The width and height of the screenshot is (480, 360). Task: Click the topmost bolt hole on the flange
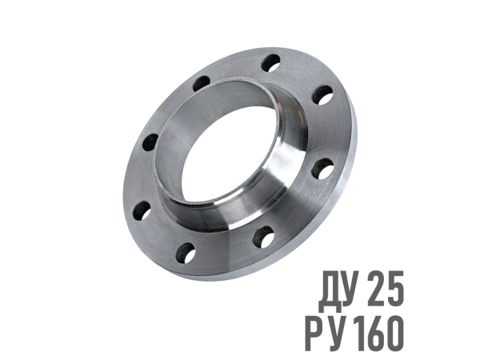click(271, 63)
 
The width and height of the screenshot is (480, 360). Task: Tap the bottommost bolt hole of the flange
click(186, 253)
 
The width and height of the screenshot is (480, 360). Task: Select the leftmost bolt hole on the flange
click(142, 211)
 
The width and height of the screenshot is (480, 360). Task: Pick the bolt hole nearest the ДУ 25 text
click(263, 237)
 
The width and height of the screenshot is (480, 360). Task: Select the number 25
click(386, 288)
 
